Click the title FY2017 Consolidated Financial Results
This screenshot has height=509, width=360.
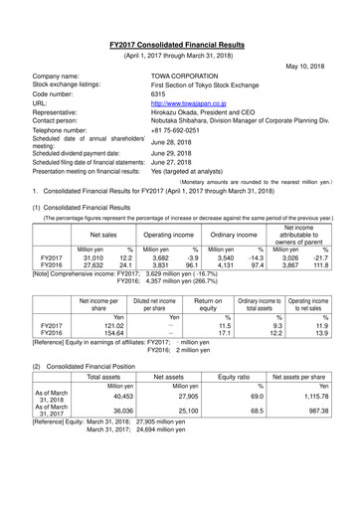pyautogui.click(x=180, y=45)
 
